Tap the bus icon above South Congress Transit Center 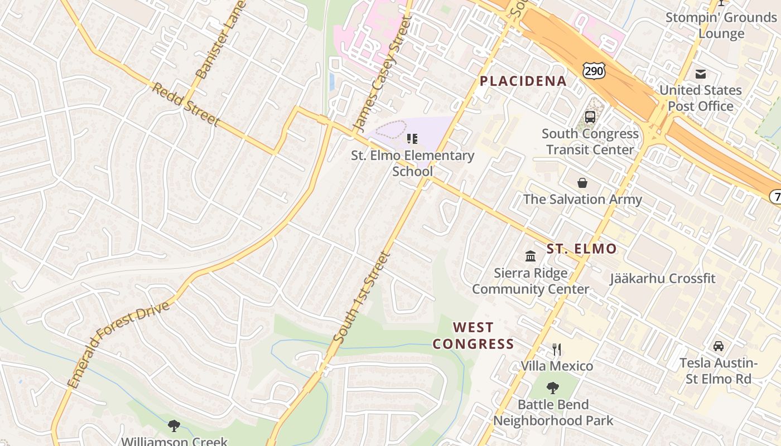pyautogui.click(x=590, y=117)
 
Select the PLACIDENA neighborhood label pyautogui.click(x=523, y=81)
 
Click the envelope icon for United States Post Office pyautogui.click(x=701, y=74)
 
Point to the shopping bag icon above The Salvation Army pyautogui.click(x=582, y=183)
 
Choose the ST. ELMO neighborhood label pyautogui.click(x=581, y=249)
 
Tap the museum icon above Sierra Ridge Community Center pyautogui.click(x=531, y=256)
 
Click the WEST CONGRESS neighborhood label pyautogui.click(x=473, y=336)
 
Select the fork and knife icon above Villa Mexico pyautogui.click(x=556, y=350)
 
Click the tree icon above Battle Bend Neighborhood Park pyautogui.click(x=553, y=387)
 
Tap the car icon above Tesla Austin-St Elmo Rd pyautogui.click(x=719, y=346)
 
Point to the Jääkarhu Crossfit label pyautogui.click(x=662, y=278)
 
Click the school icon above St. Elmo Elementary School pyautogui.click(x=412, y=138)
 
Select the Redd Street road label pyautogui.click(x=186, y=105)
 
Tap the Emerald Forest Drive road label pyautogui.click(x=118, y=346)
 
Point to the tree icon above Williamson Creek pyautogui.click(x=174, y=426)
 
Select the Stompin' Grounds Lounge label pyautogui.click(x=721, y=26)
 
